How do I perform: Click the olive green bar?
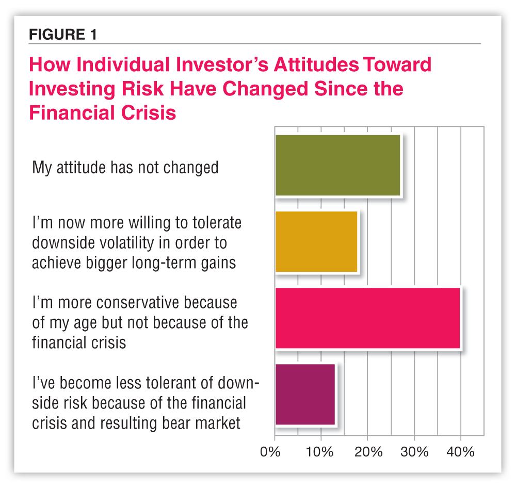click(337, 166)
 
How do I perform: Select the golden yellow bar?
click(316, 241)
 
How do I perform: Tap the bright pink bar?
click(367, 318)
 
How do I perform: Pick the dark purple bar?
click(305, 394)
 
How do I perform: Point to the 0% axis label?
click(270, 452)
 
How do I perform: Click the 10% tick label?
click(319, 452)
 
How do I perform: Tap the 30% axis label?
click(414, 452)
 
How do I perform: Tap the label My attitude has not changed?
click(125, 167)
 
